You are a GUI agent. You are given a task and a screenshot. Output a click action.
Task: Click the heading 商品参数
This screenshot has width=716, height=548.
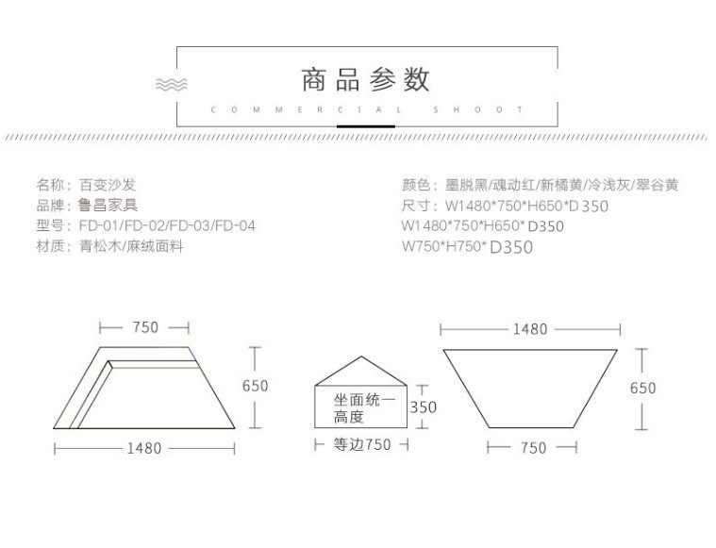coord(365,79)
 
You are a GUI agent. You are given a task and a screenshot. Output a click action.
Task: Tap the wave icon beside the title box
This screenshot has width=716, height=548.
coord(171,84)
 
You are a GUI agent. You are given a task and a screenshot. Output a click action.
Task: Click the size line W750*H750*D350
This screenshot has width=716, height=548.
coord(467,247)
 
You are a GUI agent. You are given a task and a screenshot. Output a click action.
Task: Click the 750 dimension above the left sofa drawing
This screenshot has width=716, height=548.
coord(144,328)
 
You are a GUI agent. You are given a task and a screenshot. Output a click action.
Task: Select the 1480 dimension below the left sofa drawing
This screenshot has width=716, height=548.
coord(143,448)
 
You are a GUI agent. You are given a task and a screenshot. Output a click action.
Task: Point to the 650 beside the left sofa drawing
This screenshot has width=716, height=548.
coord(255,386)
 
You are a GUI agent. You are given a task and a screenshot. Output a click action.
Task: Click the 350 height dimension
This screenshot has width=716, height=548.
coord(424,407)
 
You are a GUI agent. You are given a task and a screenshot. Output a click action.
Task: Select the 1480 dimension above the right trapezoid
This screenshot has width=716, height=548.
coord(530,330)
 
